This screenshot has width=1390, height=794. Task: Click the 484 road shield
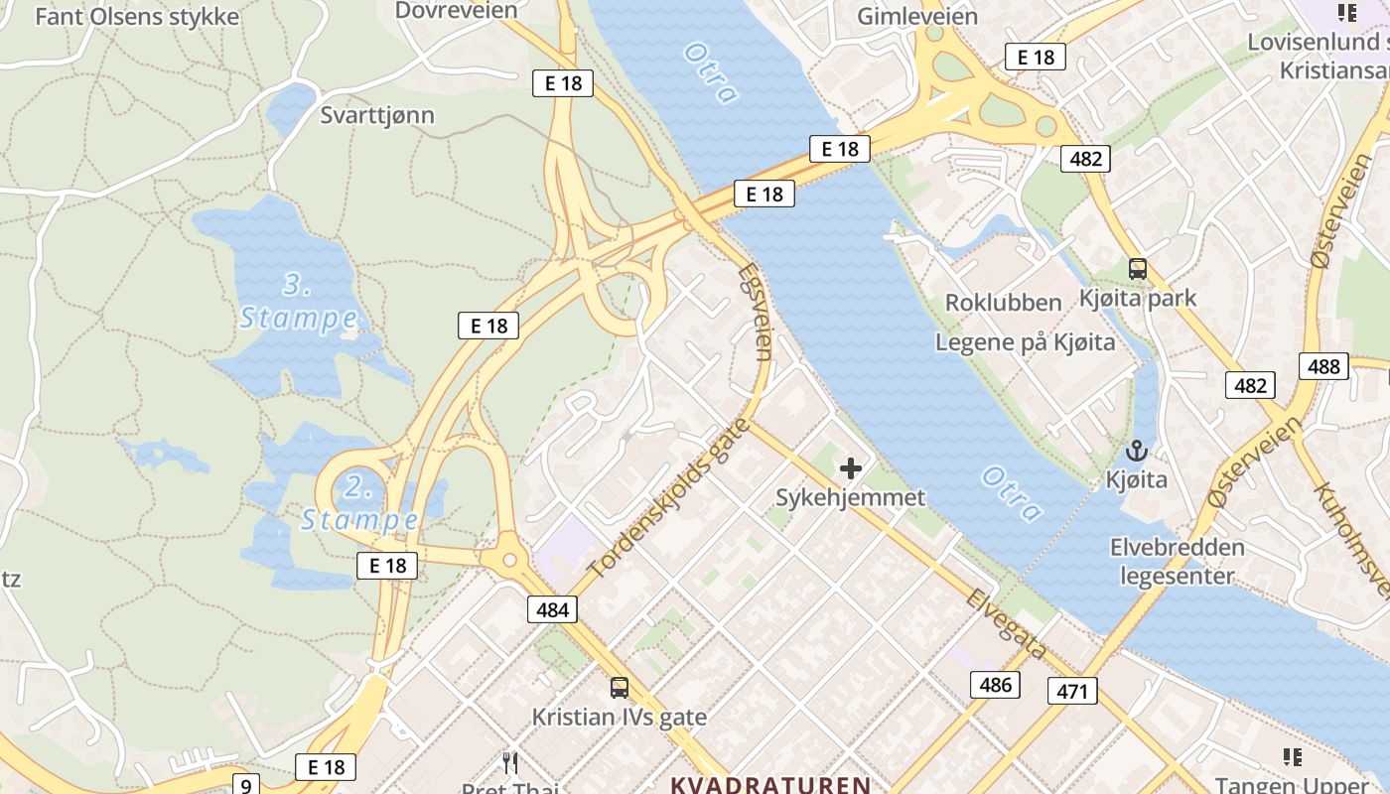pos(552,608)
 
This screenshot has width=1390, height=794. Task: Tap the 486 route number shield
pos(995,684)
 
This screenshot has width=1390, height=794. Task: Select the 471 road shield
pos(1072,691)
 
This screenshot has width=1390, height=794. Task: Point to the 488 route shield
pos(1323,366)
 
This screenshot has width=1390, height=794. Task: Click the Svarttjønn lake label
pos(377,115)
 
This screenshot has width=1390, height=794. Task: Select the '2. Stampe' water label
pos(358,504)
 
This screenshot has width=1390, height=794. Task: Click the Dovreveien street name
pos(456,11)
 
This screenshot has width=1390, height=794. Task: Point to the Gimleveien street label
pos(916,17)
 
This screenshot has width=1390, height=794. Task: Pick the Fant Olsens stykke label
pos(137,17)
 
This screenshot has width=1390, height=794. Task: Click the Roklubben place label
pos(1003,303)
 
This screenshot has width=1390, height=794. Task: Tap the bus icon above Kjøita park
pos(1137,268)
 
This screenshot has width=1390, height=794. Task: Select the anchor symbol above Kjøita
pos(1137,452)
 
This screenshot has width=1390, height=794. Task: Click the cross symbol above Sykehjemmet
pos(851,468)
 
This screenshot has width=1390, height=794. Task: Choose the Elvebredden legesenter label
pos(1177,562)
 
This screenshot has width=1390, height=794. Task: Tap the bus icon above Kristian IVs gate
pos(620,687)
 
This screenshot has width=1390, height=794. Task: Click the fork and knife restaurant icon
pos(510,762)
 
